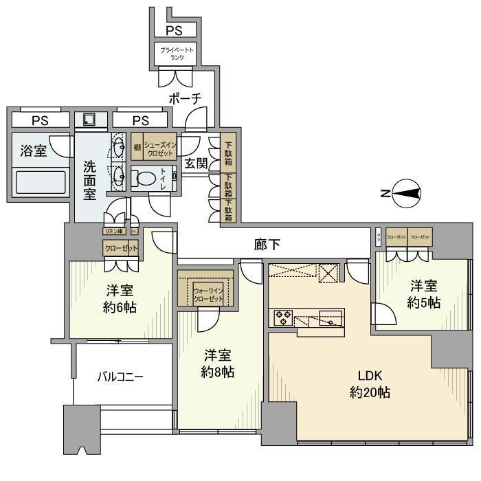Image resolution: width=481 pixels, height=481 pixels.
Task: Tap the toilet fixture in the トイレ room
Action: click(145, 179)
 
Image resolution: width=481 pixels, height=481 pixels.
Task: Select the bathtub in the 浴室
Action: click(41, 183)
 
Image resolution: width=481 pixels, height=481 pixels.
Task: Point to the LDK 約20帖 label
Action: click(369, 385)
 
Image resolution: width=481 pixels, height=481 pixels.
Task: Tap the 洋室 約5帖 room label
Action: click(424, 293)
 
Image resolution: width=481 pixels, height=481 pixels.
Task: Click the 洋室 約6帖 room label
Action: click(120, 299)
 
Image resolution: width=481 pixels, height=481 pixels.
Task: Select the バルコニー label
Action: click(120, 377)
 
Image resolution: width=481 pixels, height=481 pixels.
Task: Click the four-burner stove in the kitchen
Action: click(284, 317)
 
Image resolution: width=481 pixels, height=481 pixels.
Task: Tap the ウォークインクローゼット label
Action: click(207, 295)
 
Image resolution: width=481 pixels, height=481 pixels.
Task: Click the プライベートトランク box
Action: click(177, 54)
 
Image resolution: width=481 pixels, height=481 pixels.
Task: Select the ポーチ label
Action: click(186, 99)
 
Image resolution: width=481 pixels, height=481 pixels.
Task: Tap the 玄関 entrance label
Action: click(197, 163)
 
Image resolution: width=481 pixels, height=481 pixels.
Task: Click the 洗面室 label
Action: click(90, 180)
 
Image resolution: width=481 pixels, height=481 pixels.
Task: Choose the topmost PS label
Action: click(175, 30)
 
